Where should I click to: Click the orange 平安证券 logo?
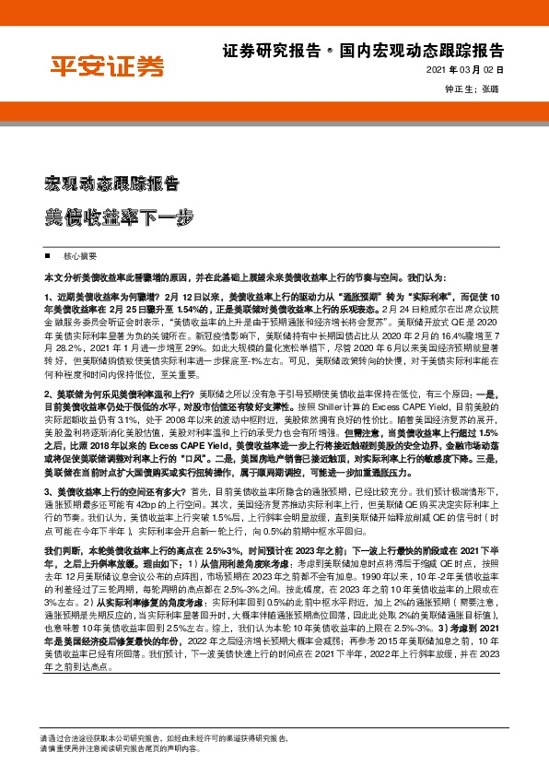click(x=106, y=66)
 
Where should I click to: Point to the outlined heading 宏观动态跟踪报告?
click(x=111, y=181)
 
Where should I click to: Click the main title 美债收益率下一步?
click(x=120, y=218)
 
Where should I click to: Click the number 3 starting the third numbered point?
click(x=45, y=492)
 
